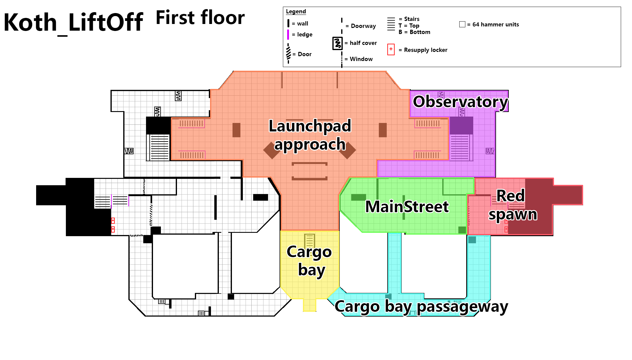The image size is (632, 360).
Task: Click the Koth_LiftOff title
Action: [73, 22]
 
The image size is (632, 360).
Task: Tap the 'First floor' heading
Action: [200, 18]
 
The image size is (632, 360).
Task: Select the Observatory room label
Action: [460, 102]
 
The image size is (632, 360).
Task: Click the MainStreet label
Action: [407, 207]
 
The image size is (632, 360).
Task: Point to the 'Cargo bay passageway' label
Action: [421, 307]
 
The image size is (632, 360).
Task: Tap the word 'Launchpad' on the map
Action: [310, 126]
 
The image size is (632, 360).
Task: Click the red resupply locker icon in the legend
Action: [391, 49]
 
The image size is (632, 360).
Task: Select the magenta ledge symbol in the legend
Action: [288, 35]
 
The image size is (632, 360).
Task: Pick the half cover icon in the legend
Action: [338, 43]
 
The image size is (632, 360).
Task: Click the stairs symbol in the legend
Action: [391, 24]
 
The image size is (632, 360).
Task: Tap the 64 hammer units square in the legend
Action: [462, 24]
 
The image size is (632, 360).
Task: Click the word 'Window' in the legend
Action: [361, 59]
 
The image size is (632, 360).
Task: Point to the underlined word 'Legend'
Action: [296, 12]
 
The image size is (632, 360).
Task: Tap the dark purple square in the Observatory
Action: [461, 125]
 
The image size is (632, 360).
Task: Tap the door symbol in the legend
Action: [288, 54]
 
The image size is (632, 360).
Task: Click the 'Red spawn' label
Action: [512, 205]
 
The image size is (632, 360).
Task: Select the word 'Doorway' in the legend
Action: [363, 26]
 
